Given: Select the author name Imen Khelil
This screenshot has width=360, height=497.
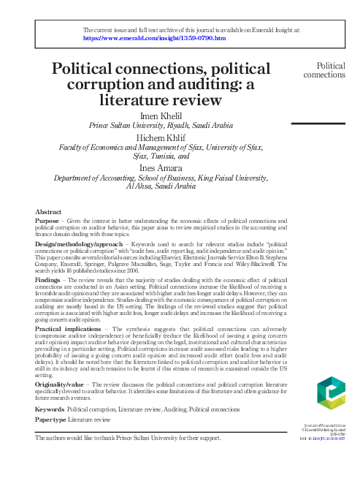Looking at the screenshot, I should pos(169,115).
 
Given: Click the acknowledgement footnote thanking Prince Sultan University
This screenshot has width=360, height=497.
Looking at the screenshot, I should pos(128,438).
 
